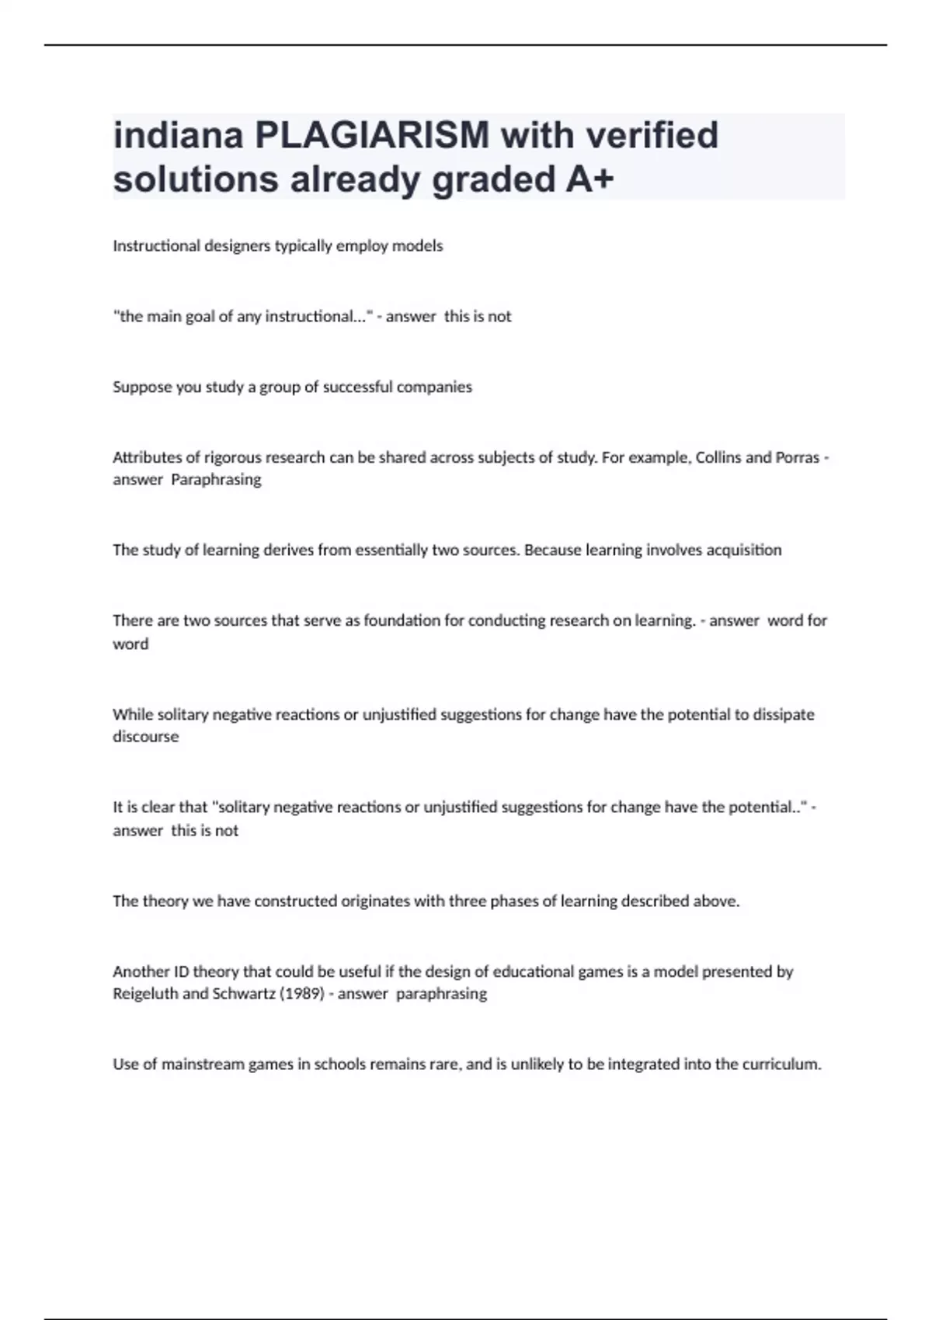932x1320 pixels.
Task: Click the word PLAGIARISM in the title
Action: (372, 135)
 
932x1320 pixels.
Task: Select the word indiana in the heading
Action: (179, 135)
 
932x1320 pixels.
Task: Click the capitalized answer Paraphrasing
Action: (216, 480)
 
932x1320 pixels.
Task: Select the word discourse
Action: (145, 737)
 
